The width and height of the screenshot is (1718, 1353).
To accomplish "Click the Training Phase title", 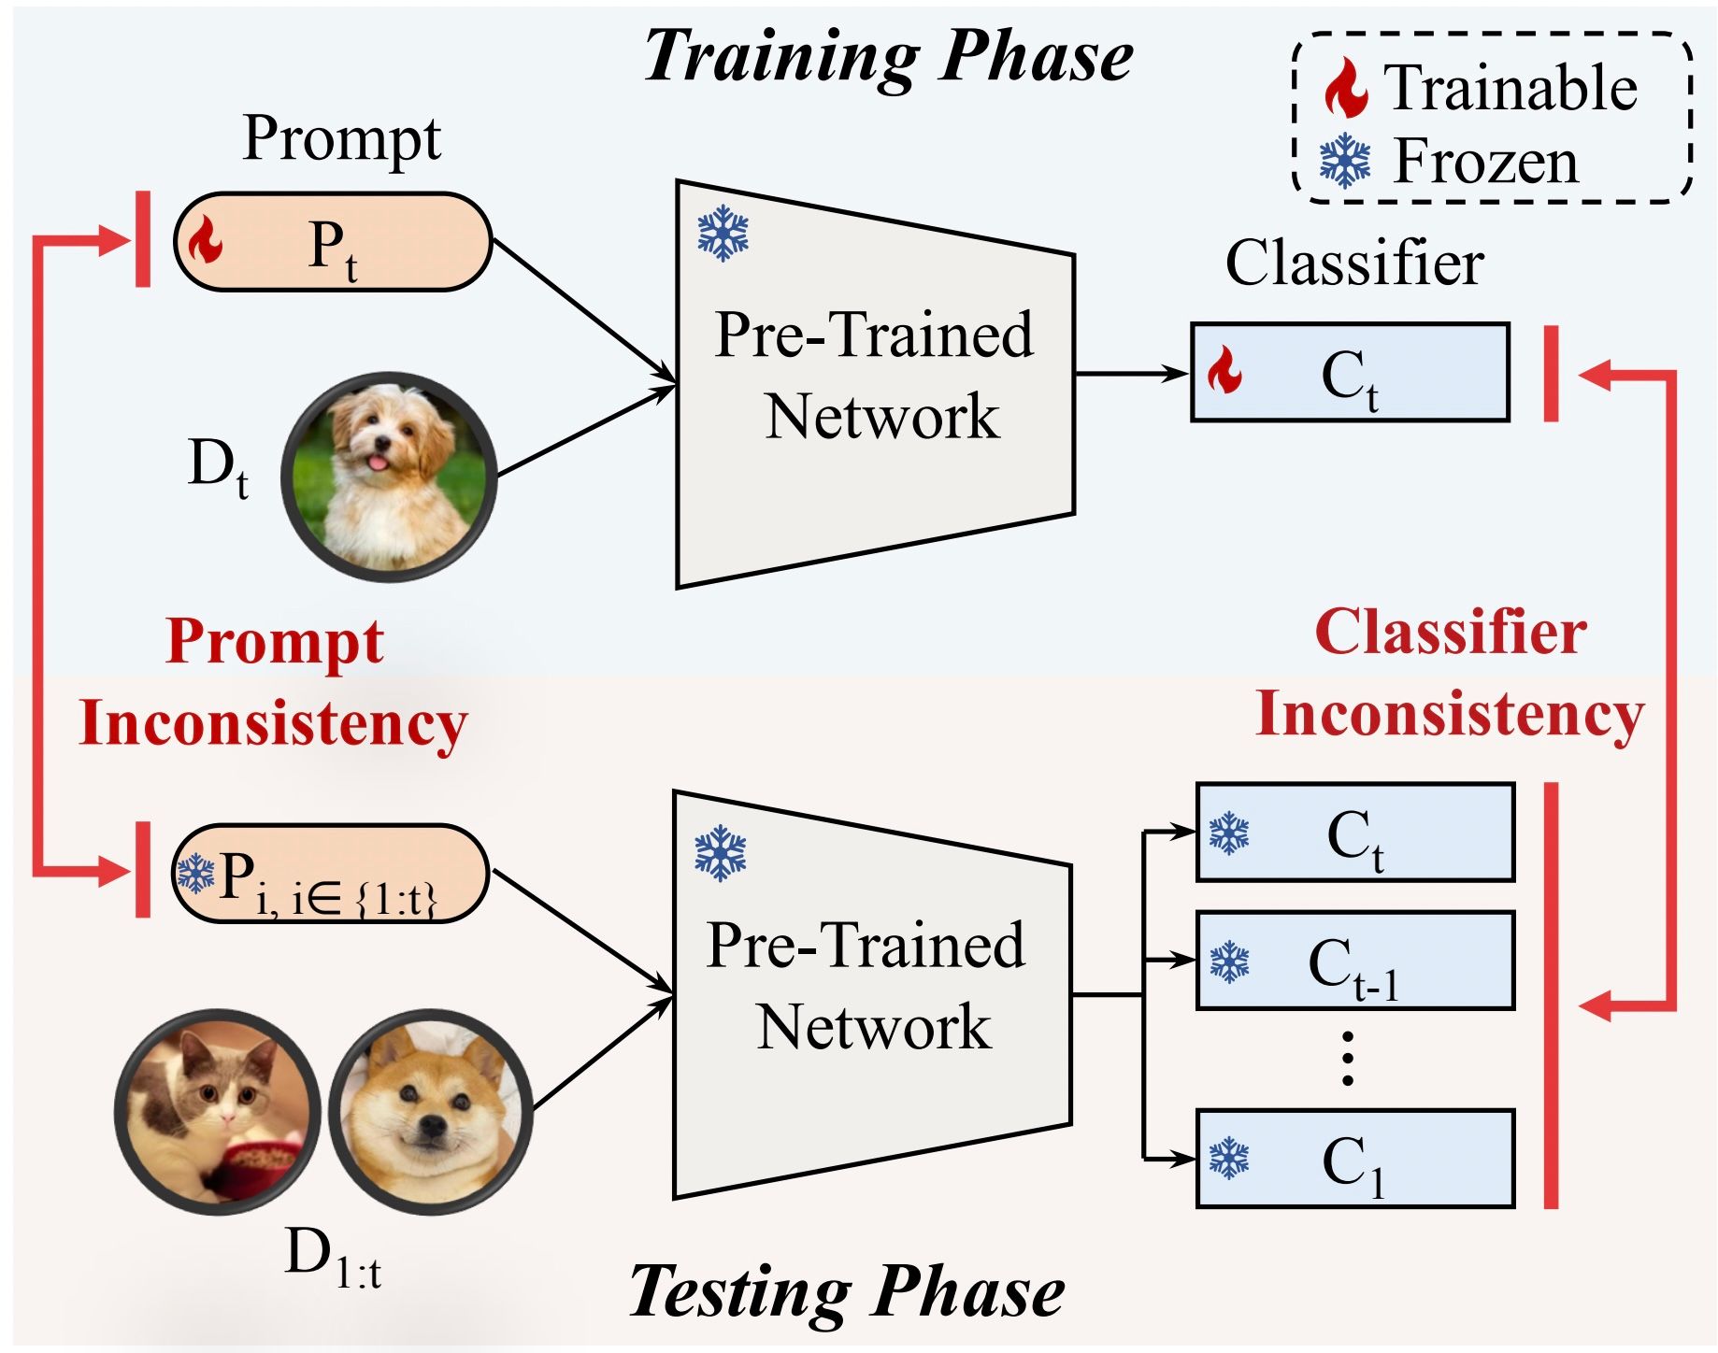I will [888, 56].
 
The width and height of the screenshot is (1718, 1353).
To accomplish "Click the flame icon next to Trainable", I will [1346, 88].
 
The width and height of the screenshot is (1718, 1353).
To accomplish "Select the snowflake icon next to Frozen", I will [1344, 161].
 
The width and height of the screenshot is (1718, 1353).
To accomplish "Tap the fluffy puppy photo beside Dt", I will [389, 477].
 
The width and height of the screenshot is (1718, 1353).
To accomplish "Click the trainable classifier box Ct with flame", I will [1350, 373].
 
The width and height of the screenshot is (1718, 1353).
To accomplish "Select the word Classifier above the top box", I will [1354, 263].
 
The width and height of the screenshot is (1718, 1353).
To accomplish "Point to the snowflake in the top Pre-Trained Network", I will [723, 234].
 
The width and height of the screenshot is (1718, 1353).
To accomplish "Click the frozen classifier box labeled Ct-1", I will [1354, 961].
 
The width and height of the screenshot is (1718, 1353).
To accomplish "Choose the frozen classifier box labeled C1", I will [1354, 1159].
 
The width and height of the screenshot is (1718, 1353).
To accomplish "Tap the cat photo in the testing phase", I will [218, 1112].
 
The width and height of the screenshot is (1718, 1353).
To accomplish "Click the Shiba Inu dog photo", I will [431, 1112].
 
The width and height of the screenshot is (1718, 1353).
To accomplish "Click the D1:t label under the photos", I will [333, 1257].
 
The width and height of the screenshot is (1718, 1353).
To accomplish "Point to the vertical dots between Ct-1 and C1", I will [1347, 1059].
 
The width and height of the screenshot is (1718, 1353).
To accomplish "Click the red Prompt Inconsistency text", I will [273, 682].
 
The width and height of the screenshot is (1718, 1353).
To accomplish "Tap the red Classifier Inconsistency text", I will [1449, 673].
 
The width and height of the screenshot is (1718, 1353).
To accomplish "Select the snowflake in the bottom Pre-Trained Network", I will [720, 852].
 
